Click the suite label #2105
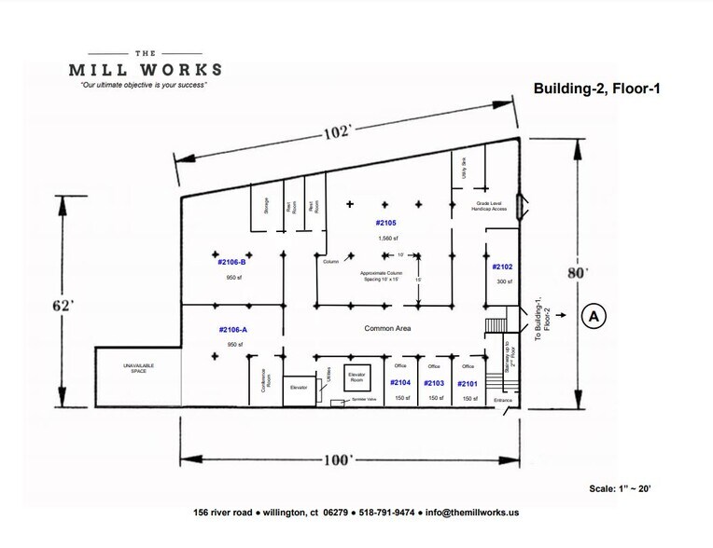pyautogui.click(x=386, y=223)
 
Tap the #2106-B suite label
pyautogui.click(x=231, y=262)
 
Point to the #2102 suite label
pyautogui.click(x=503, y=267)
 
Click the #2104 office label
pyautogui.click(x=400, y=383)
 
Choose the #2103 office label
pyautogui.click(x=434, y=383)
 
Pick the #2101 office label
pyautogui.click(x=468, y=383)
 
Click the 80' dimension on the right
pyautogui.click(x=581, y=273)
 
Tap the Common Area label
pyautogui.click(x=388, y=329)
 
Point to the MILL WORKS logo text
pyautogui.click(x=146, y=69)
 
